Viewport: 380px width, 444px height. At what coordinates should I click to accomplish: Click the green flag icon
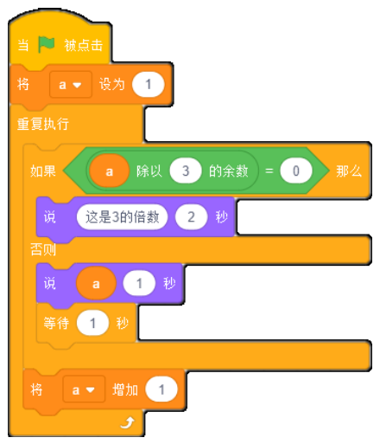click(46, 44)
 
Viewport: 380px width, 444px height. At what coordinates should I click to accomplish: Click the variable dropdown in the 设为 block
click(71, 85)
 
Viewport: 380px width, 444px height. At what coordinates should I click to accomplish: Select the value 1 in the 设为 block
click(149, 85)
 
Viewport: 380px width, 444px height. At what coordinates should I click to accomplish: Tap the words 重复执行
click(43, 124)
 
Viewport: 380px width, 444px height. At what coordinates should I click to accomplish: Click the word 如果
click(43, 171)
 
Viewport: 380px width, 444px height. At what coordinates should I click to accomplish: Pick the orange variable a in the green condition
click(109, 171)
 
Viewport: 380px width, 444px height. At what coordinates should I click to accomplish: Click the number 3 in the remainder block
click(186, 171)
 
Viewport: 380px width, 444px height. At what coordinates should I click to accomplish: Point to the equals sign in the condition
click(269, 171)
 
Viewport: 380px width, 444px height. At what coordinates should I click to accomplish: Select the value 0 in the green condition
click(296, 171)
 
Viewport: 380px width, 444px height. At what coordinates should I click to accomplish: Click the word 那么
click(349, 171)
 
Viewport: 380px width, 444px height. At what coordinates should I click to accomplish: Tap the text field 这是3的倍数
click(122, 217)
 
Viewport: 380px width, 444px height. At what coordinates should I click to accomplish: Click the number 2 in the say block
click(192, 217)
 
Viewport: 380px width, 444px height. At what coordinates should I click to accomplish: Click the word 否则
click(43, 249)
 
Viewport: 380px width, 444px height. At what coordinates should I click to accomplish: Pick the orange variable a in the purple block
click(96, 284)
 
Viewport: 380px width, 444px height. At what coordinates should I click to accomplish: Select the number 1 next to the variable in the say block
click(139, 283)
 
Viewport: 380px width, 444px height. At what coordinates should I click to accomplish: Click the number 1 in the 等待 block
click(92, 323)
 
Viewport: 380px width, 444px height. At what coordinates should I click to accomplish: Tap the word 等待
click(56, 323)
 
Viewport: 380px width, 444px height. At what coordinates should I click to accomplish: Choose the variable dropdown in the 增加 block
click(84, 390)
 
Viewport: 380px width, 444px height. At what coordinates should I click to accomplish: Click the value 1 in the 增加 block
click(161, 389)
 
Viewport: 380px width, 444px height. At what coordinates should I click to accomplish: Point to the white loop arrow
click(128, 423)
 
